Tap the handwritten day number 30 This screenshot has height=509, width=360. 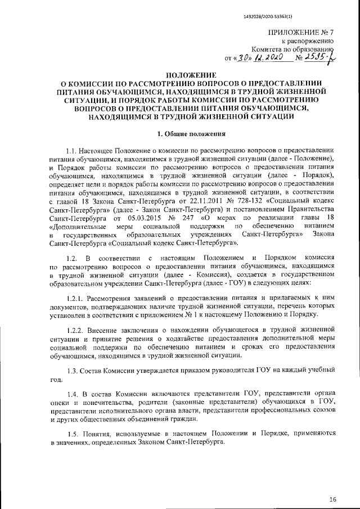click(245, 57)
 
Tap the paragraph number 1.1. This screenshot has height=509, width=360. click(74, 152)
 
